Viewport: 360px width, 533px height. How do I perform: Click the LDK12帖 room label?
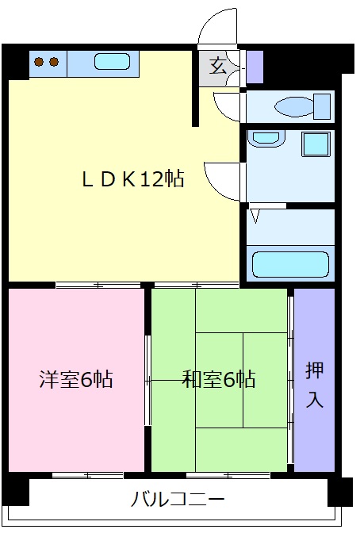pyautogui.click(x=132, y=179)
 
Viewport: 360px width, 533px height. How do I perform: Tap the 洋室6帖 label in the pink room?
pyautogui.click(x=76, y=380)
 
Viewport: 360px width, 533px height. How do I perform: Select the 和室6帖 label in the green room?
pyautogui.click(x=219, y=380)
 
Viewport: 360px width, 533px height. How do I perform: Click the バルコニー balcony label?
pyautogui.click(x=178, y=500)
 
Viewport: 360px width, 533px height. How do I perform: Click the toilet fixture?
pyautogui.click(x=301, y=105)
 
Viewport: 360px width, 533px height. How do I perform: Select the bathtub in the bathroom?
pyautogui.click(x=289, y=263)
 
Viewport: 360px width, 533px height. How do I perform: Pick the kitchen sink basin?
pyautogui.click(x=112, y=61)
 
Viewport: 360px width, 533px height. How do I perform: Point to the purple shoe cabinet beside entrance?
pyautogui.click(x=255, y=67)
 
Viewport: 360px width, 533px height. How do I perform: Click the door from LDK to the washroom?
pyautogui.click(x=222, y=179)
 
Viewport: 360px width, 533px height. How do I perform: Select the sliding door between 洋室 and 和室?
pyautogui.click(x=147, y=380)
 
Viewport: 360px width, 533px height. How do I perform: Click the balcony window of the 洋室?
pyautogui.click(x=87, y=475)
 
